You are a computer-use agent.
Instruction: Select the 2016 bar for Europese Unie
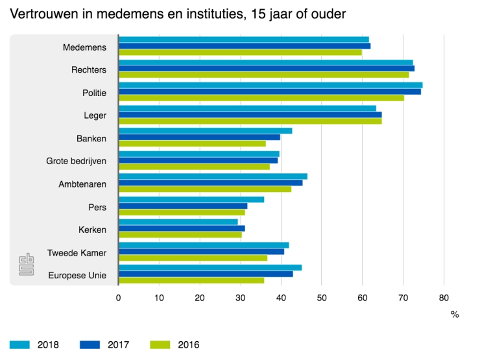(x=191, y=280)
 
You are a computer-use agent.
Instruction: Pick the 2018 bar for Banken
(x=205, y=130)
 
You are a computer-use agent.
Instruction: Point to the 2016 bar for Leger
(x=250, y=121)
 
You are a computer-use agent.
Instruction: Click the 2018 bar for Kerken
(x=178, y=222)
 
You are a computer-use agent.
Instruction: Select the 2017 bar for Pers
(x=183, y=206)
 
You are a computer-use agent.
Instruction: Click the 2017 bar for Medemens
(x=245, y=45)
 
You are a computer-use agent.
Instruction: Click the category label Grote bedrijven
(x=76, y=161)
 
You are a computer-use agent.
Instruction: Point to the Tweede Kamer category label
(x=77, y=252)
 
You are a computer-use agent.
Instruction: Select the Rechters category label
(x=90, y=69)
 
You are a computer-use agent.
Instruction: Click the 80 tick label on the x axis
(x=444, y=298)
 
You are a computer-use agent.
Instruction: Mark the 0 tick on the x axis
(x=118, y=298)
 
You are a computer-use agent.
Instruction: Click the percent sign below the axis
(x=455, y=315)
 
